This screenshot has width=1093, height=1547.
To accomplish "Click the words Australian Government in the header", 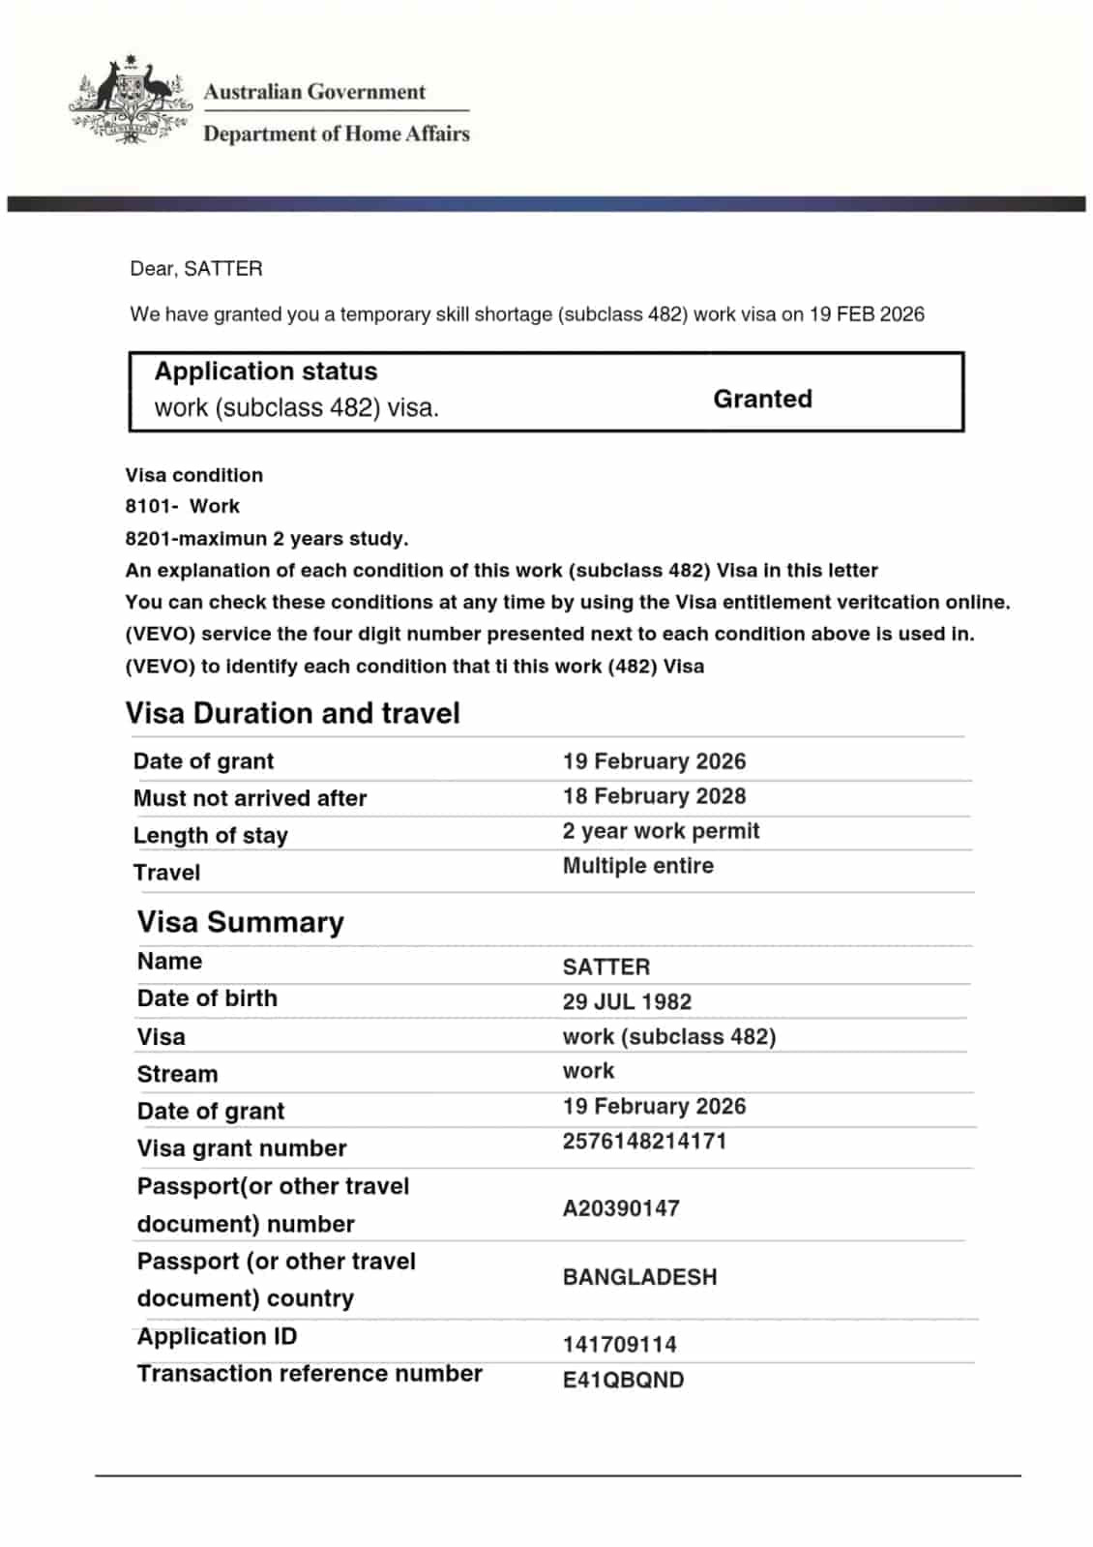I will [314, 93].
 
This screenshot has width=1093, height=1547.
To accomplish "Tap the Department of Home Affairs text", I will [336, 134].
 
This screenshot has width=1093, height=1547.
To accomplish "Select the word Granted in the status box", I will [762, 399].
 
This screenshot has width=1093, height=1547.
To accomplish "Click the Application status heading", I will [266, 372].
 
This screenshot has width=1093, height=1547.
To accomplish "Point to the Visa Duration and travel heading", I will [292, 713].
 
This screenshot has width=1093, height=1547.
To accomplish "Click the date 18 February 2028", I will [654, 796].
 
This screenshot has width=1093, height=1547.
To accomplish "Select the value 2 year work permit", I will [661, 831].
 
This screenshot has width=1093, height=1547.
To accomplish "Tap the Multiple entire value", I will [637, 866].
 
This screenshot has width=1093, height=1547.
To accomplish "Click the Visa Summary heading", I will [240, 922].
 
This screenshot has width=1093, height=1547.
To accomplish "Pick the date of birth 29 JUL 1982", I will [627, 1001].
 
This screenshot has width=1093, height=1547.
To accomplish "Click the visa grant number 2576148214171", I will [644, 1141].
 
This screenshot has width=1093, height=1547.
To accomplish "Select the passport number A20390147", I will [621, 1208].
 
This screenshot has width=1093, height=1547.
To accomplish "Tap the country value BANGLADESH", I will [639, 1277].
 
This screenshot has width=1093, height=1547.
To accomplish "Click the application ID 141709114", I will [619, 1344].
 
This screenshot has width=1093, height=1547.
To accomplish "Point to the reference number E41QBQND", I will [623, 1380].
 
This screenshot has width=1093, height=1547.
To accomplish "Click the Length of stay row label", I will [210, 835].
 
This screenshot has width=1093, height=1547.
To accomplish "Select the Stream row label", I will [177, 1074].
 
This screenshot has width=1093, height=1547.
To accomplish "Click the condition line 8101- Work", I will [182, 506].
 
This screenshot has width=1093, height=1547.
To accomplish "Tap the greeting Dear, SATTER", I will [196, 269].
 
